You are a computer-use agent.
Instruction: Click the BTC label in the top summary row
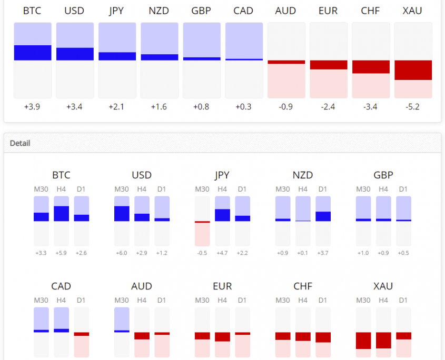pyautogui.click(x=32, y=11)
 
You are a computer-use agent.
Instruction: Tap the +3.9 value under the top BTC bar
pyautogui.click(x=32, y=107)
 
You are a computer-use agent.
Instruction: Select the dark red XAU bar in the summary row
pyautogui.click(x=413, y=70)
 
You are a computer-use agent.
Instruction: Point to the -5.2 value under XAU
pyautogui.click(x=413, y=107)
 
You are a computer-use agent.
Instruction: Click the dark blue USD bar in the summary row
pyautogui.click(x=75, y=54)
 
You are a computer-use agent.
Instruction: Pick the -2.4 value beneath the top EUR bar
pyautogui.click(x=329, y=107)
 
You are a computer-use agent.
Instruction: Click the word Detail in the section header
pyautogui.click(x=20, y=143)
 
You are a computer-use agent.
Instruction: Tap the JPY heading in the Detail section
pyautogui.click(x=222, y=175)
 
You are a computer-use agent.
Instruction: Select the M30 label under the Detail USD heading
pyautogui.click(x=122, y=189)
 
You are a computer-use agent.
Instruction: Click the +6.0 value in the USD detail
pyautogui.click(x=122, y=253)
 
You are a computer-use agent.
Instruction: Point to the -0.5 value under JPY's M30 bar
pyautogui.click(x=202, y=253)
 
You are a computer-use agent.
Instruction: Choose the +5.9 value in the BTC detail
pyautogui.click(x=61, y=253)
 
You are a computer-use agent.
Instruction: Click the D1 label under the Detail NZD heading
pyautogui.click(x=323, y=189)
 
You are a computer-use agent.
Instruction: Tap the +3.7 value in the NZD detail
pyautogui.click(x=323, y=253)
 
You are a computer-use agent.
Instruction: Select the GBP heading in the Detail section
pyautogui.click(x=383, y=175)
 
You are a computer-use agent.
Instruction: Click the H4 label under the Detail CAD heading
pyautogui.click(x=61, y=300)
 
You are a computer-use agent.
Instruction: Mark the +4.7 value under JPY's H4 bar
pyautogui.click(x=222, y=253)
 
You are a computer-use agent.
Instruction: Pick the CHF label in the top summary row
pyautogui.click(x=371, y=11)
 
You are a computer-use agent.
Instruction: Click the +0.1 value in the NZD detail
pyautogui.click(x=303, y=253)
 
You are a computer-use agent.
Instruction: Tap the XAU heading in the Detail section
pyautogui.click(x=383, y=286)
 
